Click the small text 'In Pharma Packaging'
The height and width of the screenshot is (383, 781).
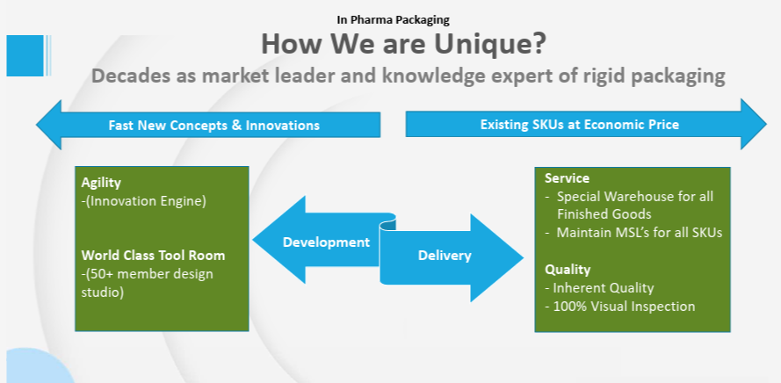(393, 20)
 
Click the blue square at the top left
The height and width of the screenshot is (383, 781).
(25, 55)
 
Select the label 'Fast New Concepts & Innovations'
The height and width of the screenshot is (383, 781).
(214, 125)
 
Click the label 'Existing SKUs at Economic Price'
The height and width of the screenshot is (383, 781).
(579, 124)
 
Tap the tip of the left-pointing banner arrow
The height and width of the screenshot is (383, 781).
(36, 125)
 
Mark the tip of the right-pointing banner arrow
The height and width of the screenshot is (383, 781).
(766, 124)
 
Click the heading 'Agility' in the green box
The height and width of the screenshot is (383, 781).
(101, 183)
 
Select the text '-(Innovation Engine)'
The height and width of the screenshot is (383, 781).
(143, 202)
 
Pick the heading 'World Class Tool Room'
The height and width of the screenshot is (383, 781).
(154, 256)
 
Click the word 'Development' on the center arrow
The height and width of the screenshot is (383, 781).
(326, 242)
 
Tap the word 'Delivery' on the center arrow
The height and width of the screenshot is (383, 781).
(445, 256)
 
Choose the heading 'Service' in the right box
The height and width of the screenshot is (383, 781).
(567, 177)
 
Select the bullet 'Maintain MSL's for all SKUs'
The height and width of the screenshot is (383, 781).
(640, 233)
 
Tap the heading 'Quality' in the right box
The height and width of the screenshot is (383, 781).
(568, 270)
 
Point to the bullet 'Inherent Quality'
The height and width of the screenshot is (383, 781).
(604, 288)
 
